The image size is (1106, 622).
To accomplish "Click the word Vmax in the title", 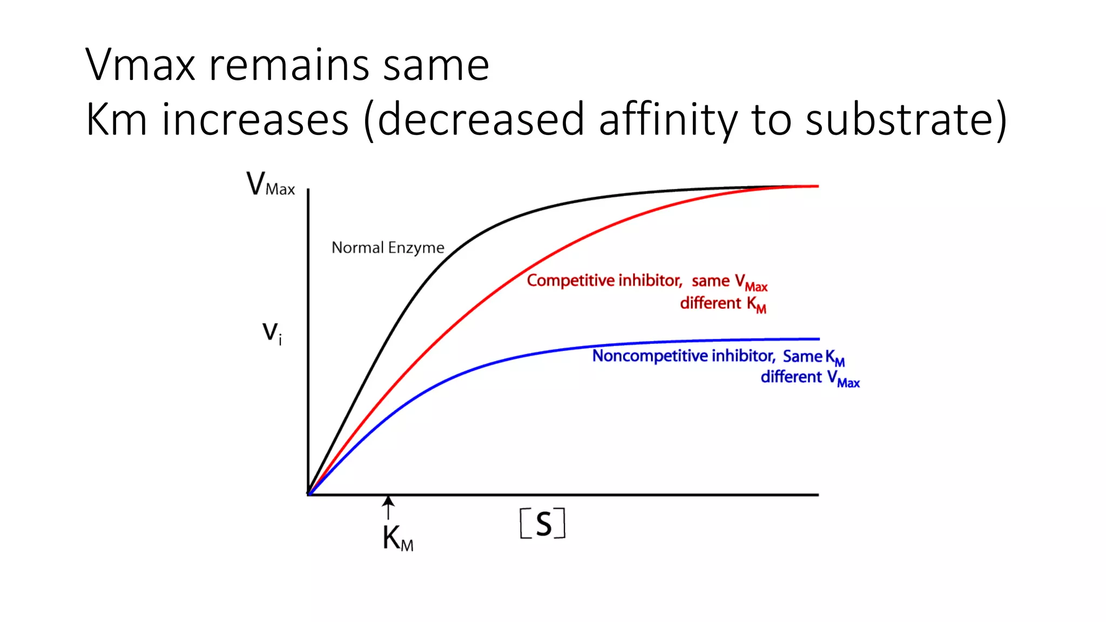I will [x=140, y=66].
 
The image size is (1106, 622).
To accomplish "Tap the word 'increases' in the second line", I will [x=255, y=120].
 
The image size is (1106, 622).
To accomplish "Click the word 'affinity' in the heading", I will [x=667, y=120].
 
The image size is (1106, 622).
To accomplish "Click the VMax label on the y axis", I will [x=270, y=185].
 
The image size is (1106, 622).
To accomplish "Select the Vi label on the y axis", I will [x=272, y=333].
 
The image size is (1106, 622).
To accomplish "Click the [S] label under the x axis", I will [x=542, y=523].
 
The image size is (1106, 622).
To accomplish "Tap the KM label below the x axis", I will [x=397, y=538].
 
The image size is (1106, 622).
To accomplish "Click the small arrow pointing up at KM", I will [x=388, y=508].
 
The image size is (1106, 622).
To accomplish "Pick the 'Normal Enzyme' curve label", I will [x=387, y=248].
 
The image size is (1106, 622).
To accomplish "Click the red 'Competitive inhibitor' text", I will [x=604, y=281].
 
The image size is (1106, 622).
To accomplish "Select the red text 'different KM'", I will [x=723, y=304].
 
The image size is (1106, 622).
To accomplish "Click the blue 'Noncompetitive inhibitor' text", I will [x=683, y=356].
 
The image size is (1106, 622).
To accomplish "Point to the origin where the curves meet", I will [x=309, y=493].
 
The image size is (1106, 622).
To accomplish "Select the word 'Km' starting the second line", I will [x=116, y=120].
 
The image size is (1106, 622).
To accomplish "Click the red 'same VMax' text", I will [x=729, y=282].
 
